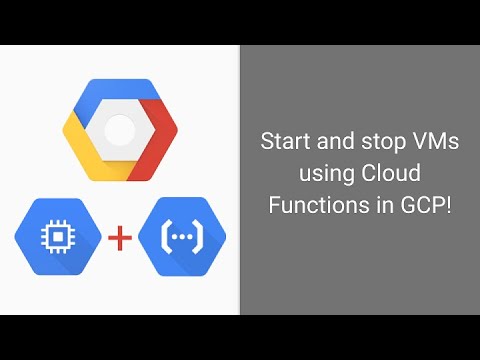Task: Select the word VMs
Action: [433, 142]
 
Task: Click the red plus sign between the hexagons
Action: [121, 237]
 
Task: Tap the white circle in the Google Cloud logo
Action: [120, 128]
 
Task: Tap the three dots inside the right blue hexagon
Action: [181, 237]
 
